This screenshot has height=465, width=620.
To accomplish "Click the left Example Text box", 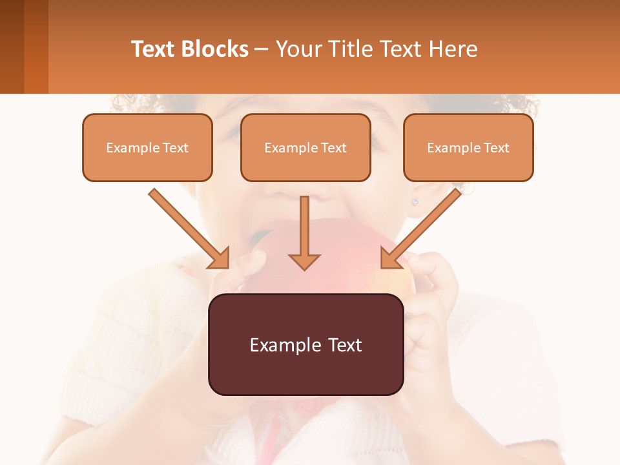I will tap(147, 147).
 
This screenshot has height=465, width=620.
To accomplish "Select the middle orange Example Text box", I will tap(305, 147).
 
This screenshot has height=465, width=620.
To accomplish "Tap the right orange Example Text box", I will tap(468, 147).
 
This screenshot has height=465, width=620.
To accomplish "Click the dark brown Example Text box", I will tap(305, 344).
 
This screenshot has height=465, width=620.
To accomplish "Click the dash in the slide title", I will tap(262, 49).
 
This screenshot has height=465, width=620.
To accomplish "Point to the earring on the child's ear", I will tap(415, 201).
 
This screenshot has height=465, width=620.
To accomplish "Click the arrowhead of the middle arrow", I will tap(304, 261).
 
